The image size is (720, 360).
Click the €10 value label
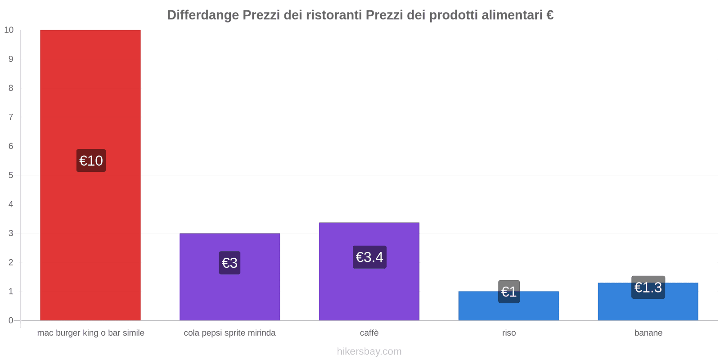coord(91,161)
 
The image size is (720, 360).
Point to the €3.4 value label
coord(369,257)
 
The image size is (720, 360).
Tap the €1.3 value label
coord(648,287)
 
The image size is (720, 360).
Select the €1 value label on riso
coord(508,292)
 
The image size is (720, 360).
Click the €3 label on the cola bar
coord(229,263)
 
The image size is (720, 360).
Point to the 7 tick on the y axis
coord(11,117)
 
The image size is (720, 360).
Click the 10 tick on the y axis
coord(9,30)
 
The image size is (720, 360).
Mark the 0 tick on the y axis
coord(11,320)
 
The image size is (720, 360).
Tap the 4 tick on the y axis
coord(11,204)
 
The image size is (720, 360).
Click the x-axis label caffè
coord(369,333)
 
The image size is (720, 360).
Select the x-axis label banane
coord(648,333)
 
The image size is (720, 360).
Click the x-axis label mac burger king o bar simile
coord(90,333)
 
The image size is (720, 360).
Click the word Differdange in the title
coord(203,15)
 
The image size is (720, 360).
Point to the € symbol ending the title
coord(550,15)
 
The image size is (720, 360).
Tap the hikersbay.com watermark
coord(369,351)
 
